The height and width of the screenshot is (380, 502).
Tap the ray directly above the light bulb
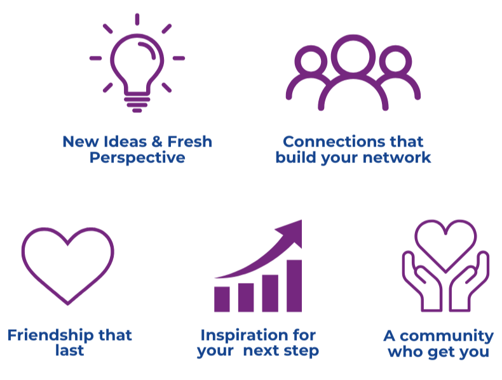point(137,19)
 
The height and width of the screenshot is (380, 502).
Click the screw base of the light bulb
point(137,104)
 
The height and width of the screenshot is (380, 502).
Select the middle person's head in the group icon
point(353,35)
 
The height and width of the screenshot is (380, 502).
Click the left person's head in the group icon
point(311,46)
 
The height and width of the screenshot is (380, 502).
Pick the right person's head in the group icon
point(395,46)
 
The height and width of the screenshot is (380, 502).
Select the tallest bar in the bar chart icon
point(294,285)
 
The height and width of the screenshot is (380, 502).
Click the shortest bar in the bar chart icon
point(222,299)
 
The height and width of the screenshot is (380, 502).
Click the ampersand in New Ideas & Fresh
point(157,141)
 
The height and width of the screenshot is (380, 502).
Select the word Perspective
point(137,158)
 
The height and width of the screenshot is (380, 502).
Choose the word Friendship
point(51,336)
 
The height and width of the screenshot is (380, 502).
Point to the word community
point(447,336)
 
